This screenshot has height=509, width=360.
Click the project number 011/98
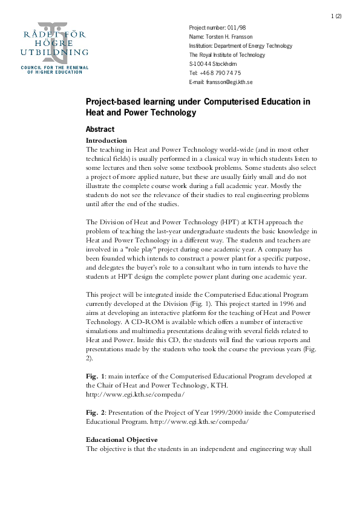(237, 28)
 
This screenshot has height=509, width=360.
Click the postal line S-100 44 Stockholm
(213, 63)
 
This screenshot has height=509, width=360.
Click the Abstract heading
(100, 129)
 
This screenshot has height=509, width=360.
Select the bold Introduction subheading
(106, 140)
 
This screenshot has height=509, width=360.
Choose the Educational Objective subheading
(122, 439)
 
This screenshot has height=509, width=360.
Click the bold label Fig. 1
(96, 376)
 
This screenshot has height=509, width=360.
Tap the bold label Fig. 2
(96, 413)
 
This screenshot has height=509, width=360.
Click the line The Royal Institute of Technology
(227, 55)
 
